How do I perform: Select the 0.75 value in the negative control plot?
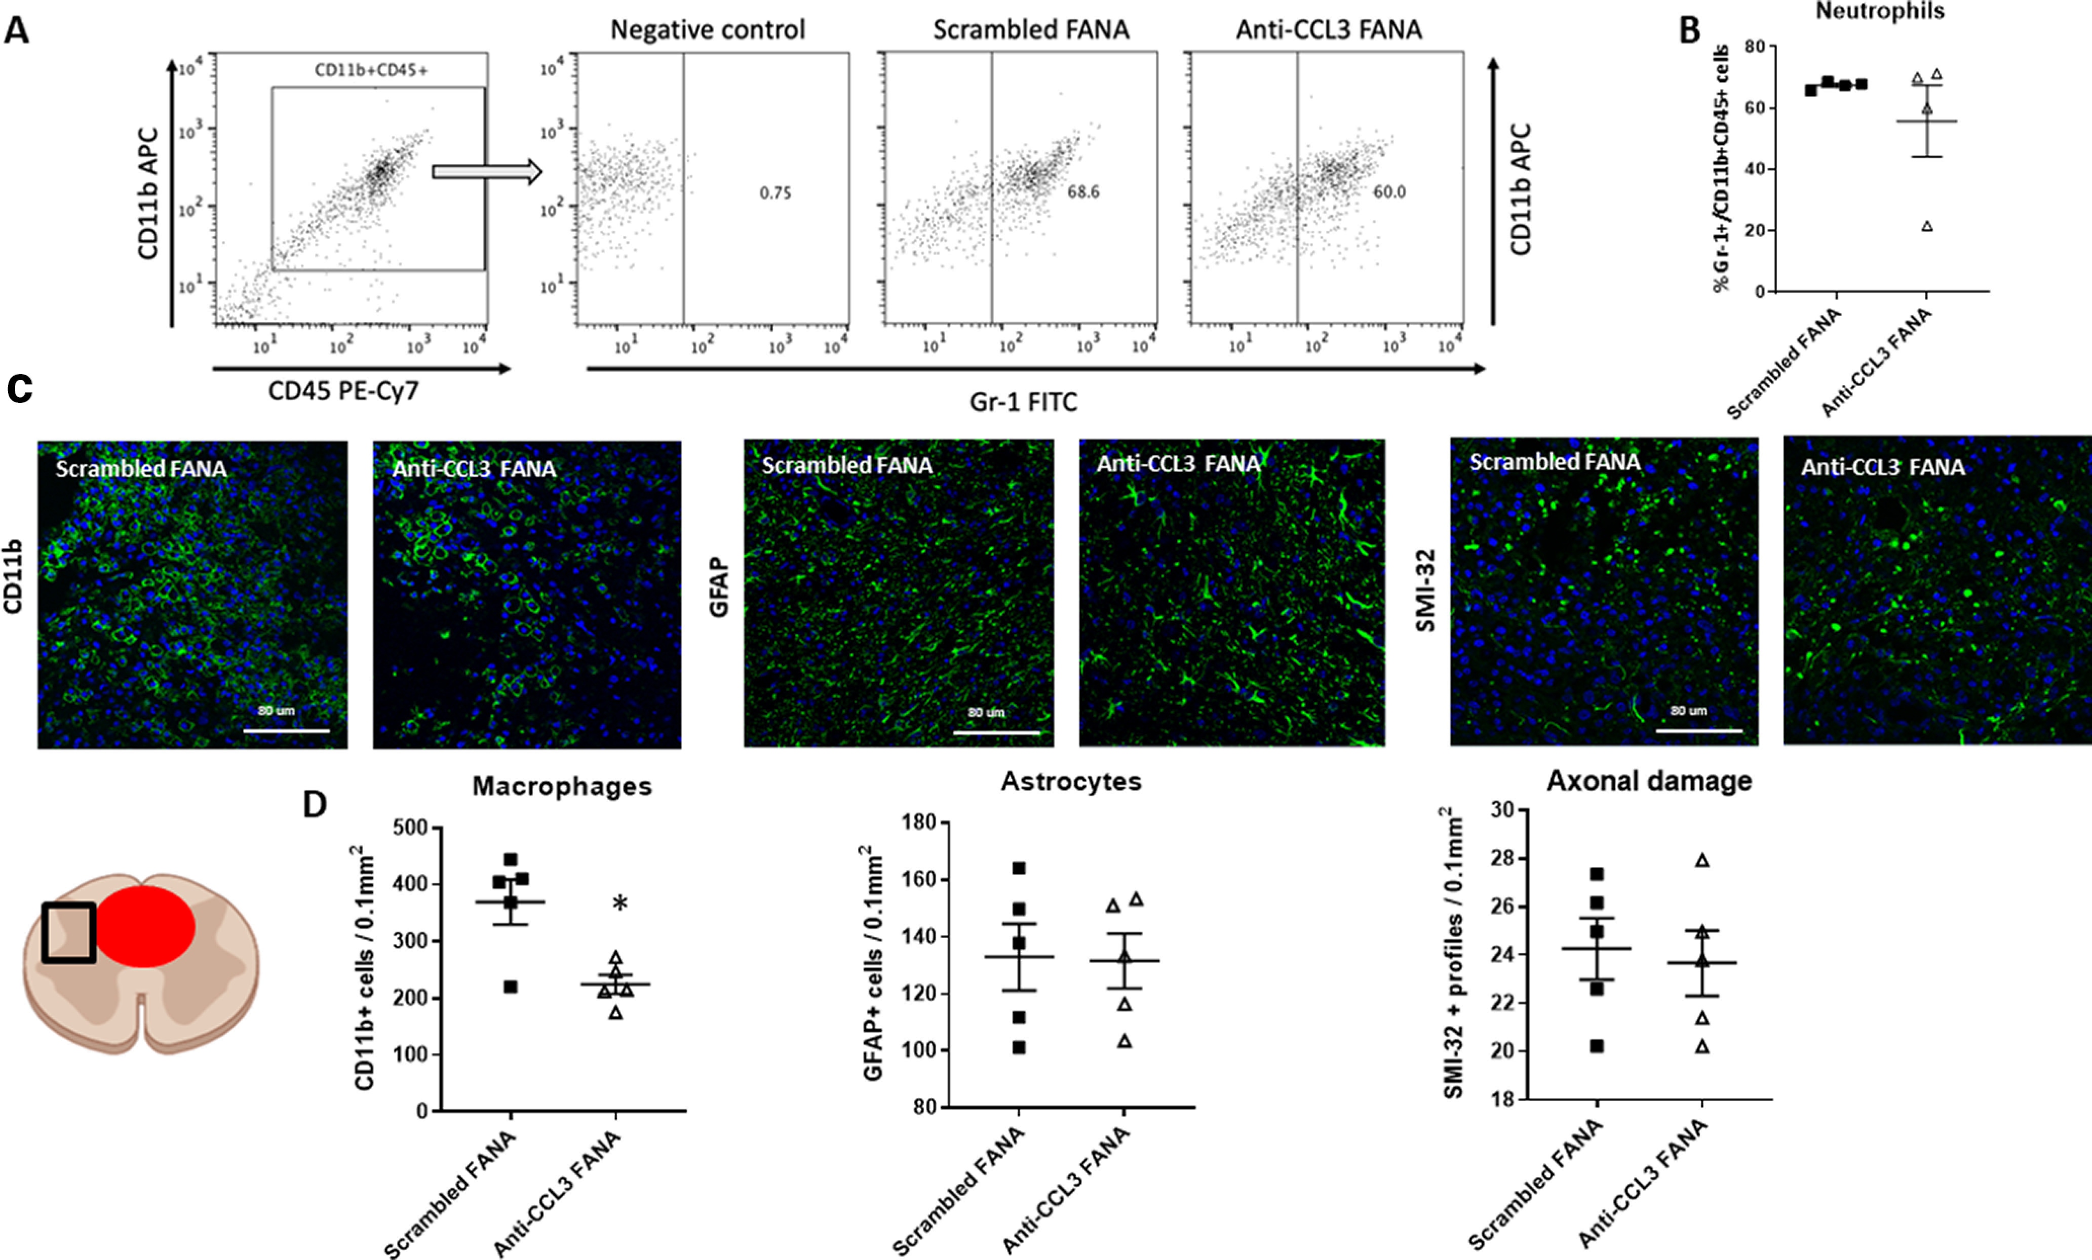(x=775, y=193)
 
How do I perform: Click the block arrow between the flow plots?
(x=486, y=172)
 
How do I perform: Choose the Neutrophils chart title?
(x=1880, y=12)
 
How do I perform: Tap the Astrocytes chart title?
(x=1071, y=781)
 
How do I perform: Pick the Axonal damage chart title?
(x=1649, y=781)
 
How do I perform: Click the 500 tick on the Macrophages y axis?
(x=411, y=828)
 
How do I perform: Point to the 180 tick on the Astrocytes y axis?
(x=919, y=823)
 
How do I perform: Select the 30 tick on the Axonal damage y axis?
(x=1503, y=810)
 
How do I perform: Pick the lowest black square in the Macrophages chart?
(x=510, y=987)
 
